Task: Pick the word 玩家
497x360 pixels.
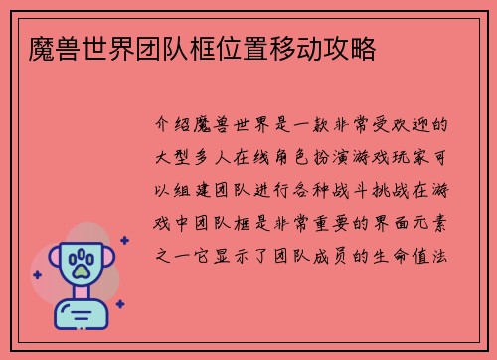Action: point(426,158)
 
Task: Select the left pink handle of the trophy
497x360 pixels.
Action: point(49,262)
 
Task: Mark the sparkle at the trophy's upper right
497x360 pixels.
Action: point(123,240)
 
